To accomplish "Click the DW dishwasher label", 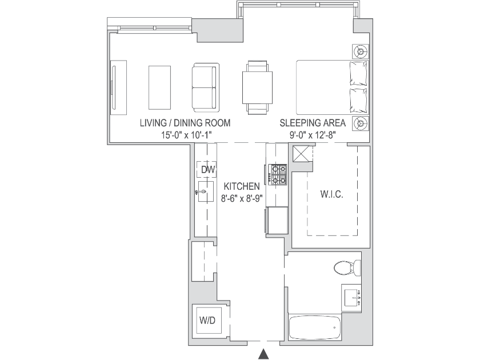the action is pyautogui.click(x=208, y=169).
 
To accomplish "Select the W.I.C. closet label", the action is pyautogui.click(x=332, y=194).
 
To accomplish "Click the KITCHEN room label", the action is pyautogui.click(x=242, y=186).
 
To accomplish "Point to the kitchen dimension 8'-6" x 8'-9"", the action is pyautogui.click(x=242, y=199).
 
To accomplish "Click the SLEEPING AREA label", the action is pyautogui.click(x=313, y=123).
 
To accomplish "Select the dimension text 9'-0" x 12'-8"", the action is pyautogui.click(x=313, y=135).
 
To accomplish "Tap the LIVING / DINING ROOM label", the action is pyautogui.click(x=185, y=123).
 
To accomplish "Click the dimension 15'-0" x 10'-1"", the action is pyautogui.click(x=187, y=135).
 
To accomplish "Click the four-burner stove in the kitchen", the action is pyautogui.click(x=278, y=174).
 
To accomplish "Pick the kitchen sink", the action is pyautogui.click(x=206, y=191).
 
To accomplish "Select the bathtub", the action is pyautogui.click(x=315, y=327).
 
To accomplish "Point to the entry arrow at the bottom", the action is pyautogui.click(x=263, y=354).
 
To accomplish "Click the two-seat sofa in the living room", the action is pyautogui.click(x=205, y=87).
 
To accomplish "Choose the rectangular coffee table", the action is pyautogui.click(x=159, y=87).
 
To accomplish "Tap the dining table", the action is pyautogui.click(x=258, y=87).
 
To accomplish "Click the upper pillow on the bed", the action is pyautogui.click(x=358, y=74).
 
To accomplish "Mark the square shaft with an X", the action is pyautogui.click(x=301, y=154).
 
